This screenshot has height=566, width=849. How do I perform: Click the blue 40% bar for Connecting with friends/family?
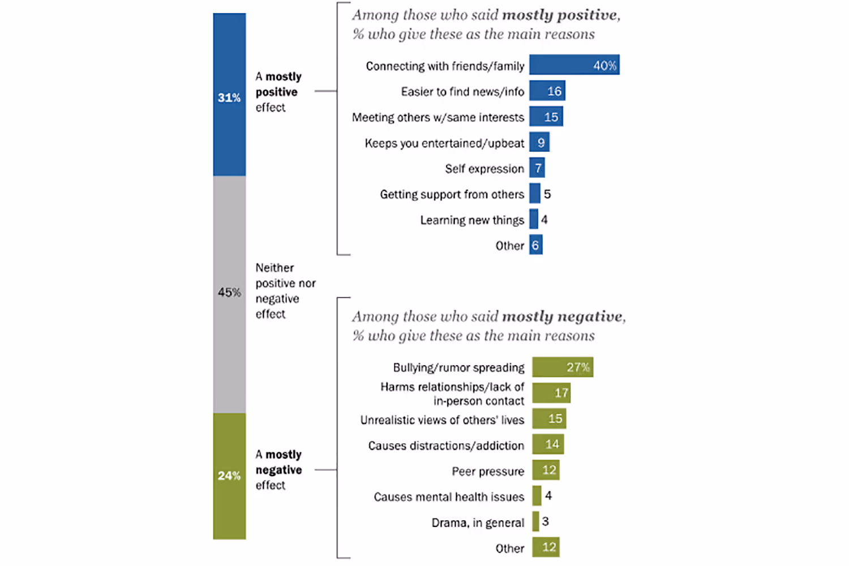pyautogui.click(x=574, y=65)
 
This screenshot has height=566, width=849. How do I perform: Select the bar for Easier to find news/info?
pyautogui.click(x=547, y=91)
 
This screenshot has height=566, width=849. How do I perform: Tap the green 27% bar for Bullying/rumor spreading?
pyautogui.click(x=562, y=367)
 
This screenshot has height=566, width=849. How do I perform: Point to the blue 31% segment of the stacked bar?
pyautogui.click(x=229, y=95)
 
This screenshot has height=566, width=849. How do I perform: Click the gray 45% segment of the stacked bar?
pyautogui.click(x=229, y=294)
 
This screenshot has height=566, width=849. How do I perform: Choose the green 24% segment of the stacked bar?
pyautogui.click(x=229, y=476)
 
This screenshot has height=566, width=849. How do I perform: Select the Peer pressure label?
pyautogui.click(x=487, y=471)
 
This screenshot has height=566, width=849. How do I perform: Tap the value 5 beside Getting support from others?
pyautogui.click(x=547, y=194)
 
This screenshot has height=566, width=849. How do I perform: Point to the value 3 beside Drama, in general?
pyautogui.click(x=545, y=521)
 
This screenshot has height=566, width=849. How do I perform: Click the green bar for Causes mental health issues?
pyautogui.click(x=536, y=496)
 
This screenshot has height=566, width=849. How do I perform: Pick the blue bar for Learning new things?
pyautogui.click(x=533, y=220)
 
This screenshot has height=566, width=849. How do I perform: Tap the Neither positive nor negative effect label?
pyautogui.click(x=285, y=291)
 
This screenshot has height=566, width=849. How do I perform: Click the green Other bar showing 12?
pyautogui.click(x=546, y=547)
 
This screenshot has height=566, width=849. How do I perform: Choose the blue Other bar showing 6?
pyautogui.click(x=535, y=246)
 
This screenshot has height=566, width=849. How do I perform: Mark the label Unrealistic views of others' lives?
pyautogui.click(x=442, y=420)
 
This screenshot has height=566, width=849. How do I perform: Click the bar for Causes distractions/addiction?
pyautogui.click(x=547, y=444)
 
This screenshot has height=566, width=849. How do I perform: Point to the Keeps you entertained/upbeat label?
pyautogui.click(x=444, y=143)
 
